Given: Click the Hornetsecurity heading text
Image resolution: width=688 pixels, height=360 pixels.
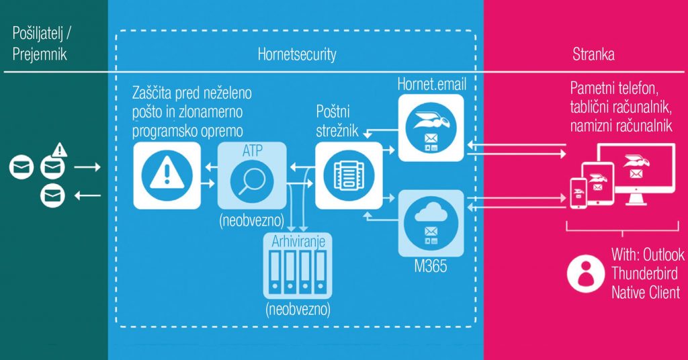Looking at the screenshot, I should point(297,54).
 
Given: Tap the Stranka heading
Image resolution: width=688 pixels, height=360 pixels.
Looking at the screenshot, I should point(593,54).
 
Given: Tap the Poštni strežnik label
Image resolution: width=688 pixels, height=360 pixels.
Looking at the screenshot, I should point(339,119).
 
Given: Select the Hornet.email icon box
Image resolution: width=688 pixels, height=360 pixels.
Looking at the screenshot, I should point(431,128).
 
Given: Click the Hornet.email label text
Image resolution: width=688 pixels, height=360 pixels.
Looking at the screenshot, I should point(431,85).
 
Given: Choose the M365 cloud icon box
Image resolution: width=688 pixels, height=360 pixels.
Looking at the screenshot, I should point(431,222).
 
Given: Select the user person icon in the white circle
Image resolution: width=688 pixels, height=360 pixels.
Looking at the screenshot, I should point(583,272).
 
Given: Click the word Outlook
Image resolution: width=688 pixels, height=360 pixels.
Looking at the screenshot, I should point(663,255).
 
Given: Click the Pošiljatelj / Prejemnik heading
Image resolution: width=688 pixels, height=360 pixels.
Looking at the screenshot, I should point(46,44).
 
